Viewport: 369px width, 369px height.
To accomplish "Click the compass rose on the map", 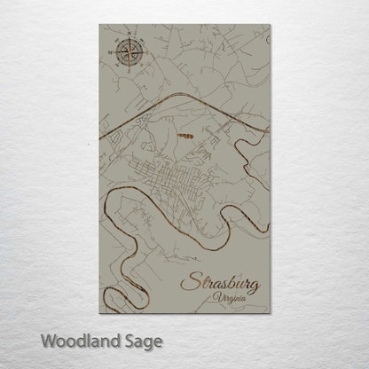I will [122, 55].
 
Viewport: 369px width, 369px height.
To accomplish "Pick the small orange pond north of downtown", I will [187, 136].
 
